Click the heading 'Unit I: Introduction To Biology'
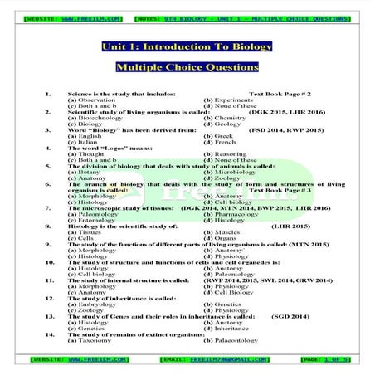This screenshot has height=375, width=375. [x=187, y=48]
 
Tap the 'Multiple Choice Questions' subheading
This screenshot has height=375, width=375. [x=187, y=66]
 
